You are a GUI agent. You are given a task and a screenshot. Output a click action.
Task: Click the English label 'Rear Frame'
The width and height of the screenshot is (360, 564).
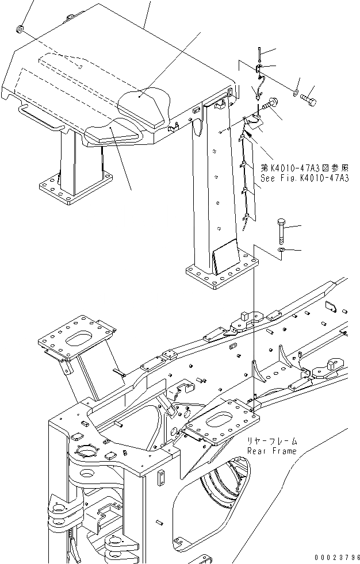(x=272, y=451)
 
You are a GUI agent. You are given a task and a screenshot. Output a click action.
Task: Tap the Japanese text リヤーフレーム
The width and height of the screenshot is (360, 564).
(x=273, y=441)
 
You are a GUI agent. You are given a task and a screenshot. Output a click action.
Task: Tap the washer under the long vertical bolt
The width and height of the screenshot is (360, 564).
(x=281, y=251)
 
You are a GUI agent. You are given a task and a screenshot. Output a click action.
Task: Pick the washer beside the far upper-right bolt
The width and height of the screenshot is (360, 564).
(x=295, y=92)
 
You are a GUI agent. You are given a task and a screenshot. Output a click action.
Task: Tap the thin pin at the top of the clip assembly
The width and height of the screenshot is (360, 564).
(x=260, y=54)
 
